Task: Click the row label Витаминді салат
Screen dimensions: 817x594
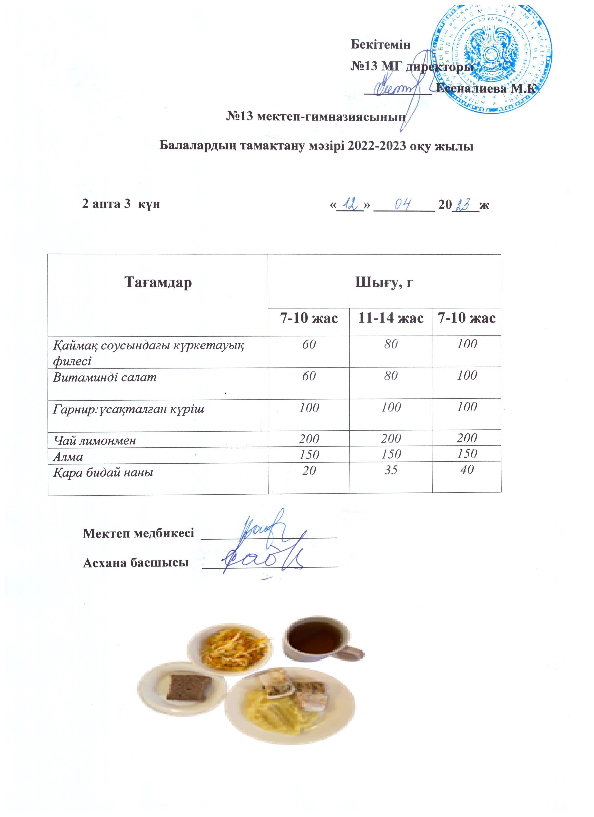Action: pos(105,377)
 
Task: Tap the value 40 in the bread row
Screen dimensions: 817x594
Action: pos(467,469)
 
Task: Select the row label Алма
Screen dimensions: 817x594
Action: pos(68,457)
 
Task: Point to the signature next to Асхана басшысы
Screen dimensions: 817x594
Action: pos(263,563)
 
